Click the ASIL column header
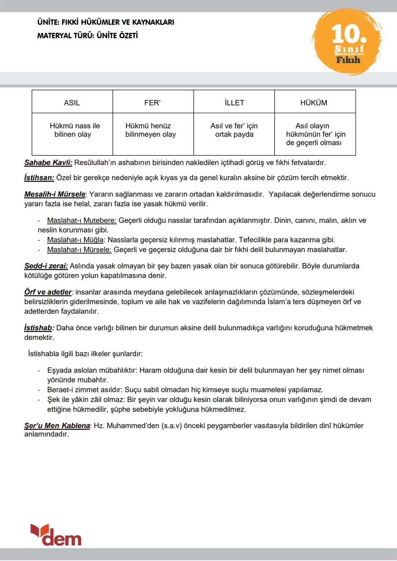(72, 103)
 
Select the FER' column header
(153, 103)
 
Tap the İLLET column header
(234, 103)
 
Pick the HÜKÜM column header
(314, 103)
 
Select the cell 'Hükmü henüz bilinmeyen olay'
(150, 130)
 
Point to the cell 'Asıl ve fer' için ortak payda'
(234, 130)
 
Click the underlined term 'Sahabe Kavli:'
(48, 162)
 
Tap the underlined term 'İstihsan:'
(39, 178)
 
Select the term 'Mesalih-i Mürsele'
(55, 194)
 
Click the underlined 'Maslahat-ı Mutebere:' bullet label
(82, 220)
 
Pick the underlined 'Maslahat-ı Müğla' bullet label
(75, 240)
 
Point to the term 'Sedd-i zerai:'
(46, 266)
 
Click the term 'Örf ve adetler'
(48, 292)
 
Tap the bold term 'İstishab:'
(39, 328)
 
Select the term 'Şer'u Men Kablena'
(57, 425)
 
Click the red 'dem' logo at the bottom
(56, 535)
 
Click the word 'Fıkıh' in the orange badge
(348, 60)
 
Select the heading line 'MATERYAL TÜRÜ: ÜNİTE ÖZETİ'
(87, 36)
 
